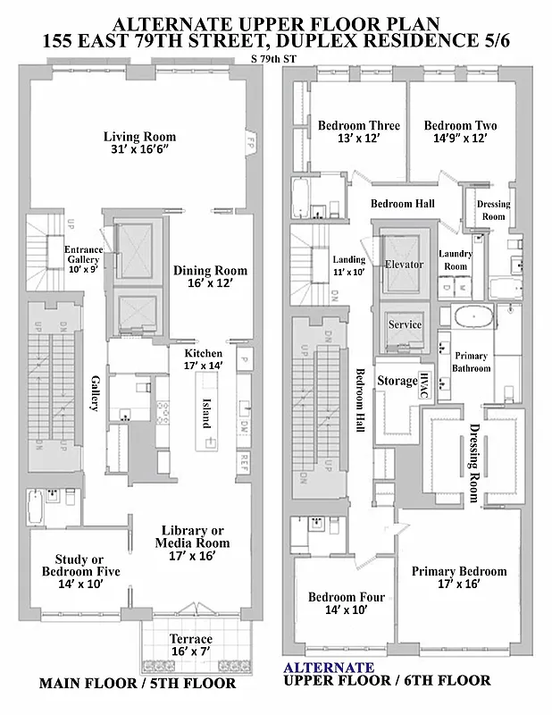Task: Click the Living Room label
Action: pos(139,137)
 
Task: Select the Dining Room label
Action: pos(211,271)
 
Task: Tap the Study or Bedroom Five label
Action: pos(80,566)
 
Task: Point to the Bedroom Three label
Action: pos(358,126)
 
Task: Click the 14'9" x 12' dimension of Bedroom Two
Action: pos(460,139)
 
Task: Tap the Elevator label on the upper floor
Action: pos(404,265)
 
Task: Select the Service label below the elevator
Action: pos(404,324)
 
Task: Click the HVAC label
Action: pos(426,381)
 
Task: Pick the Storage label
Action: pos(397,381)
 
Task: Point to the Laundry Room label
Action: pos(455,260)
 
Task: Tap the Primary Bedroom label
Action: pos(459,571)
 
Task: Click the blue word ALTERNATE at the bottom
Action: pos(329,667)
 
